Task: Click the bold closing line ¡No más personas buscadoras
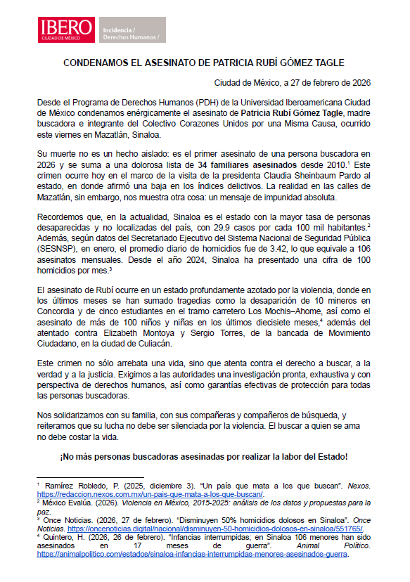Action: pos(204,457)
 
